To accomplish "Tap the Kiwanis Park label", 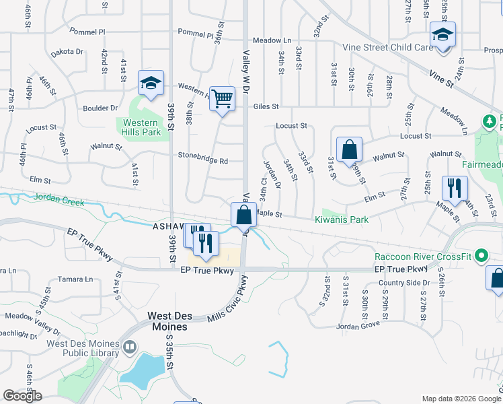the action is point(342,220).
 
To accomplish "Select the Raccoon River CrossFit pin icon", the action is point(481,256).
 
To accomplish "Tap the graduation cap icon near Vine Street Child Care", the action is point(442,35).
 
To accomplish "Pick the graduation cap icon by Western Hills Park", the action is point(151,83).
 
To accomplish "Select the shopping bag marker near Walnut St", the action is point(350,150).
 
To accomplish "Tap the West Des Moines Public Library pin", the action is point(129,347).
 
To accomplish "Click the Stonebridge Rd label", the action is point(203,161).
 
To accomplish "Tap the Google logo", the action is point(22,396).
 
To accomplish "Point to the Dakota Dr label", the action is point(66,51).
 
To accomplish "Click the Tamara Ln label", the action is point(76,279).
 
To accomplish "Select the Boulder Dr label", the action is point(100,108).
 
